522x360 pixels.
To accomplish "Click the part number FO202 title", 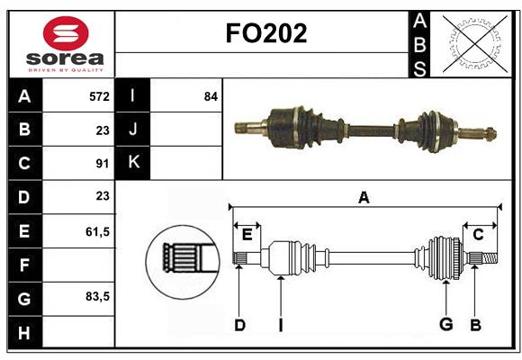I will [x=265, y=33].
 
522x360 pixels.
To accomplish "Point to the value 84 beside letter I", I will [x=211, y=95].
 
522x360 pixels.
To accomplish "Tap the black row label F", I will [x=24, y=265].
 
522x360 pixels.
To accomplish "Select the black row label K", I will [x=133, y=163].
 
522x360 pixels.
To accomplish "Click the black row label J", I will [x=133, y=130].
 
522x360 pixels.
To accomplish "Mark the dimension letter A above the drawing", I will [x=364, y=197].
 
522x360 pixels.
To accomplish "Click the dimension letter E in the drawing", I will [x=247, y=235].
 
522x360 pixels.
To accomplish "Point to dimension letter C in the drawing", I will [x=478, y=235].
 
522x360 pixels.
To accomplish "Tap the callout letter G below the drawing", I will [x=445, y=324].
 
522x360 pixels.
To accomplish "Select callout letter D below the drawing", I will [x=239, y=324].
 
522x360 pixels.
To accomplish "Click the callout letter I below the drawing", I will [x=280, y=324].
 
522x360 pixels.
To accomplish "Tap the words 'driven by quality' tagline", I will [x=66, y=68].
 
